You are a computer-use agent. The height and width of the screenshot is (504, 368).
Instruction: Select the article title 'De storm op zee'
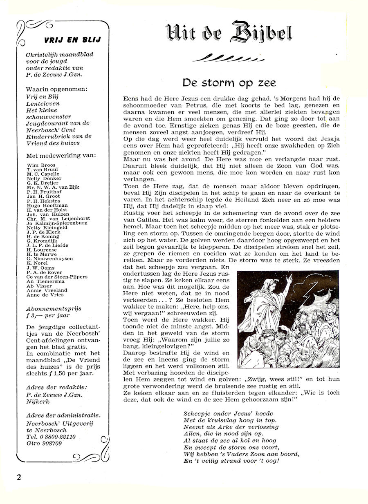click(x=229, y=83)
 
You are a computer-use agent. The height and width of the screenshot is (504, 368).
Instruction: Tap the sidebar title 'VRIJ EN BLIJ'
click(x=72, y=40)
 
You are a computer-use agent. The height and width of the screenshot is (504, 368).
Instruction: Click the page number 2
click(x=19, y=477)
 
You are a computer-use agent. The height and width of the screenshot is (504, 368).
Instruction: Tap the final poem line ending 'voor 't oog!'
click(x=231, y=461)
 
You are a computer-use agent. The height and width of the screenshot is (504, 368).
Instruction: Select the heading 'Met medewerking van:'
click(x=61, y=156)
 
